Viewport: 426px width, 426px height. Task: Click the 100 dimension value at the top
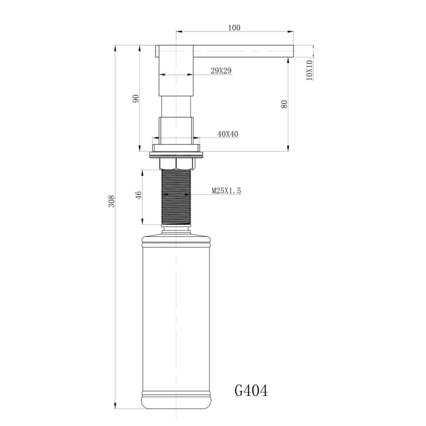pos(234,28)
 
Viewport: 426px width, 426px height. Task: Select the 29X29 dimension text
pos(221,70)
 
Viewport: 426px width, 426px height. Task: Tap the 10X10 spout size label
pos(309,70)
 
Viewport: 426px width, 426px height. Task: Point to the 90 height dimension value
pos(136,99)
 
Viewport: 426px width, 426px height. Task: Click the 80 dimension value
pos(284,104)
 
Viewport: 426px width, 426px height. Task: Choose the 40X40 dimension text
pos(227,134)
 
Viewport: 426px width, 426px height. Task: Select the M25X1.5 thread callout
pos(226,191)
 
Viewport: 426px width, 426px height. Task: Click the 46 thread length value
pos(139,195)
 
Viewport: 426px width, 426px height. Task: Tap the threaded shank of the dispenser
pos(176,197)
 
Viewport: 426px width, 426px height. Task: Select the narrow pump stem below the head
pos(176,106)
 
